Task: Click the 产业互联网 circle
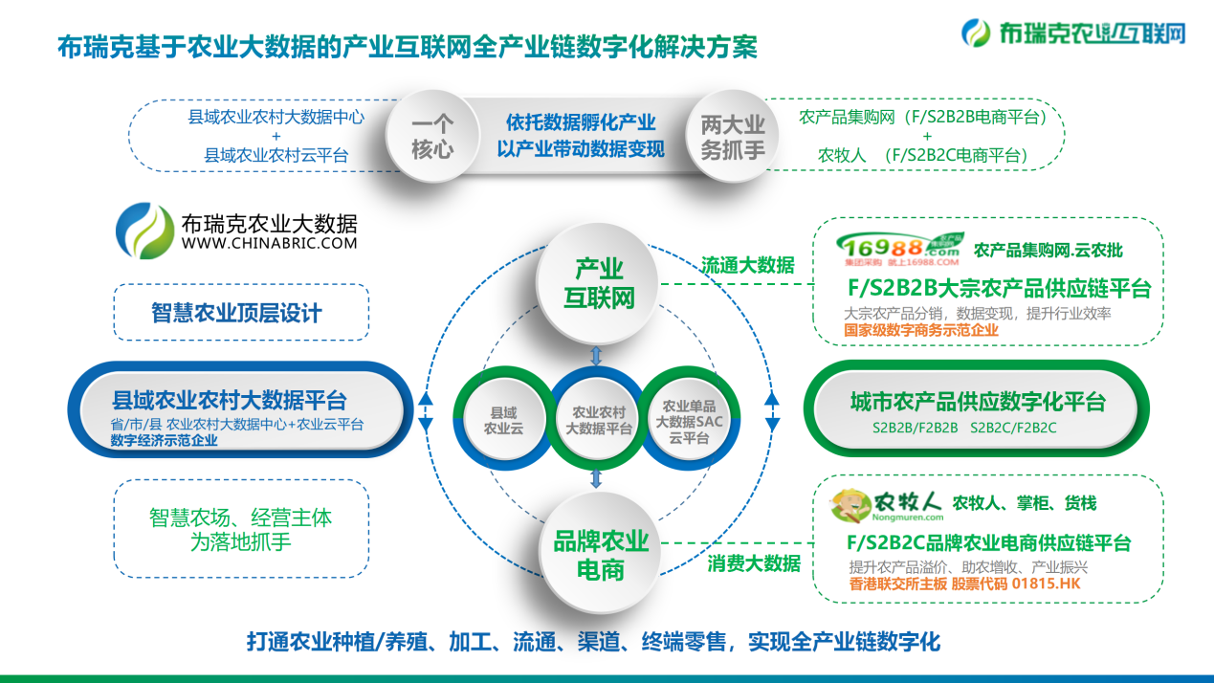tap(599, 282)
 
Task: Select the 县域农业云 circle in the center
tap(503, 420)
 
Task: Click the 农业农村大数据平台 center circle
tap(599, 420)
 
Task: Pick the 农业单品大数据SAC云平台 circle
tap(688, 420)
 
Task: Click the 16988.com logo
tap(896, 249)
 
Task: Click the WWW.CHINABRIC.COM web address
tap(269, 244)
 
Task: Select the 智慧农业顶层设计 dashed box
tap(240, 312)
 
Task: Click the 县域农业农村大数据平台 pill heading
tap(230, 400)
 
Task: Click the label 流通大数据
tap(748, 265)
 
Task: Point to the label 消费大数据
tap(755, 563)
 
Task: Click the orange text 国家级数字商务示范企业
tap(921, 330)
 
